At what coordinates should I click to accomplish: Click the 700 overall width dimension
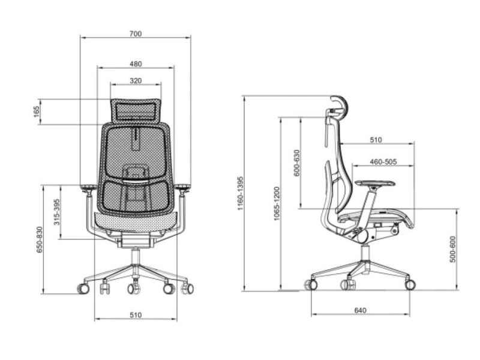[136, 34]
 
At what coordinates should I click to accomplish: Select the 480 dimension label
[136, 64]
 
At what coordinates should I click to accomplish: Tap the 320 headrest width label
[136, 80]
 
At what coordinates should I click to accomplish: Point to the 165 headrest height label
[37, 112]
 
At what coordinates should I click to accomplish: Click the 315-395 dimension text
[57, 212]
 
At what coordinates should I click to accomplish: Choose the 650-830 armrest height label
[40, 239]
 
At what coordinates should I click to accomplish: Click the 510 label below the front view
[136, 315]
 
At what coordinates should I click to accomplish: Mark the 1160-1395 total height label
[241, 193]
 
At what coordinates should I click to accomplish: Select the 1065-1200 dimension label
[277, 203]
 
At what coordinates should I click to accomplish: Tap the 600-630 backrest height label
[296, 163]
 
